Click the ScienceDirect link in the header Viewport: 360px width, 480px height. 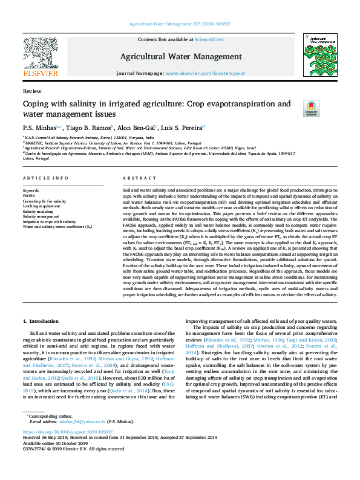[209, 39]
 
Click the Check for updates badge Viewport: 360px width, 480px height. [311, 109]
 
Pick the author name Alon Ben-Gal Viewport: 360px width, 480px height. [136, 128]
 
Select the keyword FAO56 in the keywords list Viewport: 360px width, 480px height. [28, 196]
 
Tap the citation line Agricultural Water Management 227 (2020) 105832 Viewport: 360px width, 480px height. [180, 25]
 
